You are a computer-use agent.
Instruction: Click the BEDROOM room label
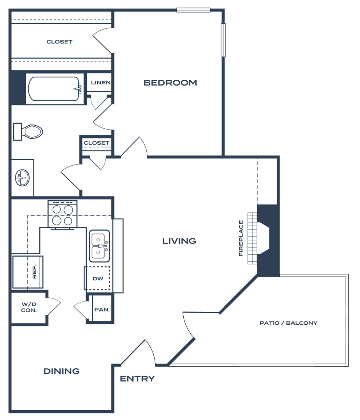click(x=170, y=82)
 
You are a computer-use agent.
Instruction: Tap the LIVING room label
click(x=179, y=241)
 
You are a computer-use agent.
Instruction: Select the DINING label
click(x=61, y=371)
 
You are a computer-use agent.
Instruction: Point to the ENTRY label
click(x=137, y=378)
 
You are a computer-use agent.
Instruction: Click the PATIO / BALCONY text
click(x=288, y=323)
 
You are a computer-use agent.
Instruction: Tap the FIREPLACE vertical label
click(x=241, y=238)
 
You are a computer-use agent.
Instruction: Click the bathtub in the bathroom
click(x=54, y=89)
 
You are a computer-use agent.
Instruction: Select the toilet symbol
click(x=29, y=132)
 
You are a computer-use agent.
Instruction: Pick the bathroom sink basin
click(x=23, y=178)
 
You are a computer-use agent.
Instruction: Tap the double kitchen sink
click(x=99, y=246)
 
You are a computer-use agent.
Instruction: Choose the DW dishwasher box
click(x=98, y=278)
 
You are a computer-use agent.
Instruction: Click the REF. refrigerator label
click(x=34, y=271)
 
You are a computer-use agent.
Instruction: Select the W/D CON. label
click(x=29, y=307)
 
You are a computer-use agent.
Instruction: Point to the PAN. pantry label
click(x=102, y=310)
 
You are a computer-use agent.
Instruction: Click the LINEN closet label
click(x=101, y=82)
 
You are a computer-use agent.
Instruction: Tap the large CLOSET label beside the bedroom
click(x=60, y=42)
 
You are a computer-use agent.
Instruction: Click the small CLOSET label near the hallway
click(x=97, y=143)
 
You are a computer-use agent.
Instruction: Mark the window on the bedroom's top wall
click(x=193, y=10)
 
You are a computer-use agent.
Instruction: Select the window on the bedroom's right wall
click(x=223, y=40)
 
